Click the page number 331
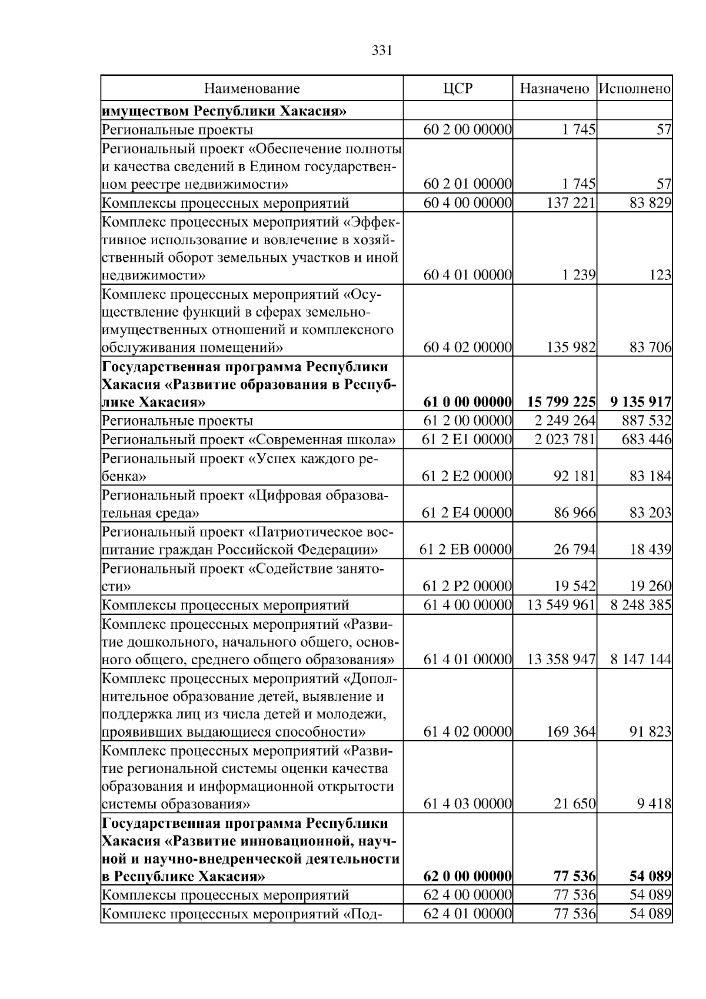tap(382, 51)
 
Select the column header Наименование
tap(252, 89)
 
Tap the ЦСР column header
tap(458, 89)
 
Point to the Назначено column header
tap(554, 89)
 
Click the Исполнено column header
tap(634, 89)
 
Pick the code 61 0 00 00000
tap(468, 402)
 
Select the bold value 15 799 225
tap(561, 402)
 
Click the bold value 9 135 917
tap(641, 402)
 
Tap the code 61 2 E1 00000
tap(467, 439)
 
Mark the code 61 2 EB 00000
tap(465, 550)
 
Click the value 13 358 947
tap(561, 660)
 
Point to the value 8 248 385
tap(641, 605)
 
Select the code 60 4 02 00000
tap(468, 348)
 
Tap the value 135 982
tap(571, 348)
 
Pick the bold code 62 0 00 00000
tap(468, 877)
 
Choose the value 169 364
tap(571, 732)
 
